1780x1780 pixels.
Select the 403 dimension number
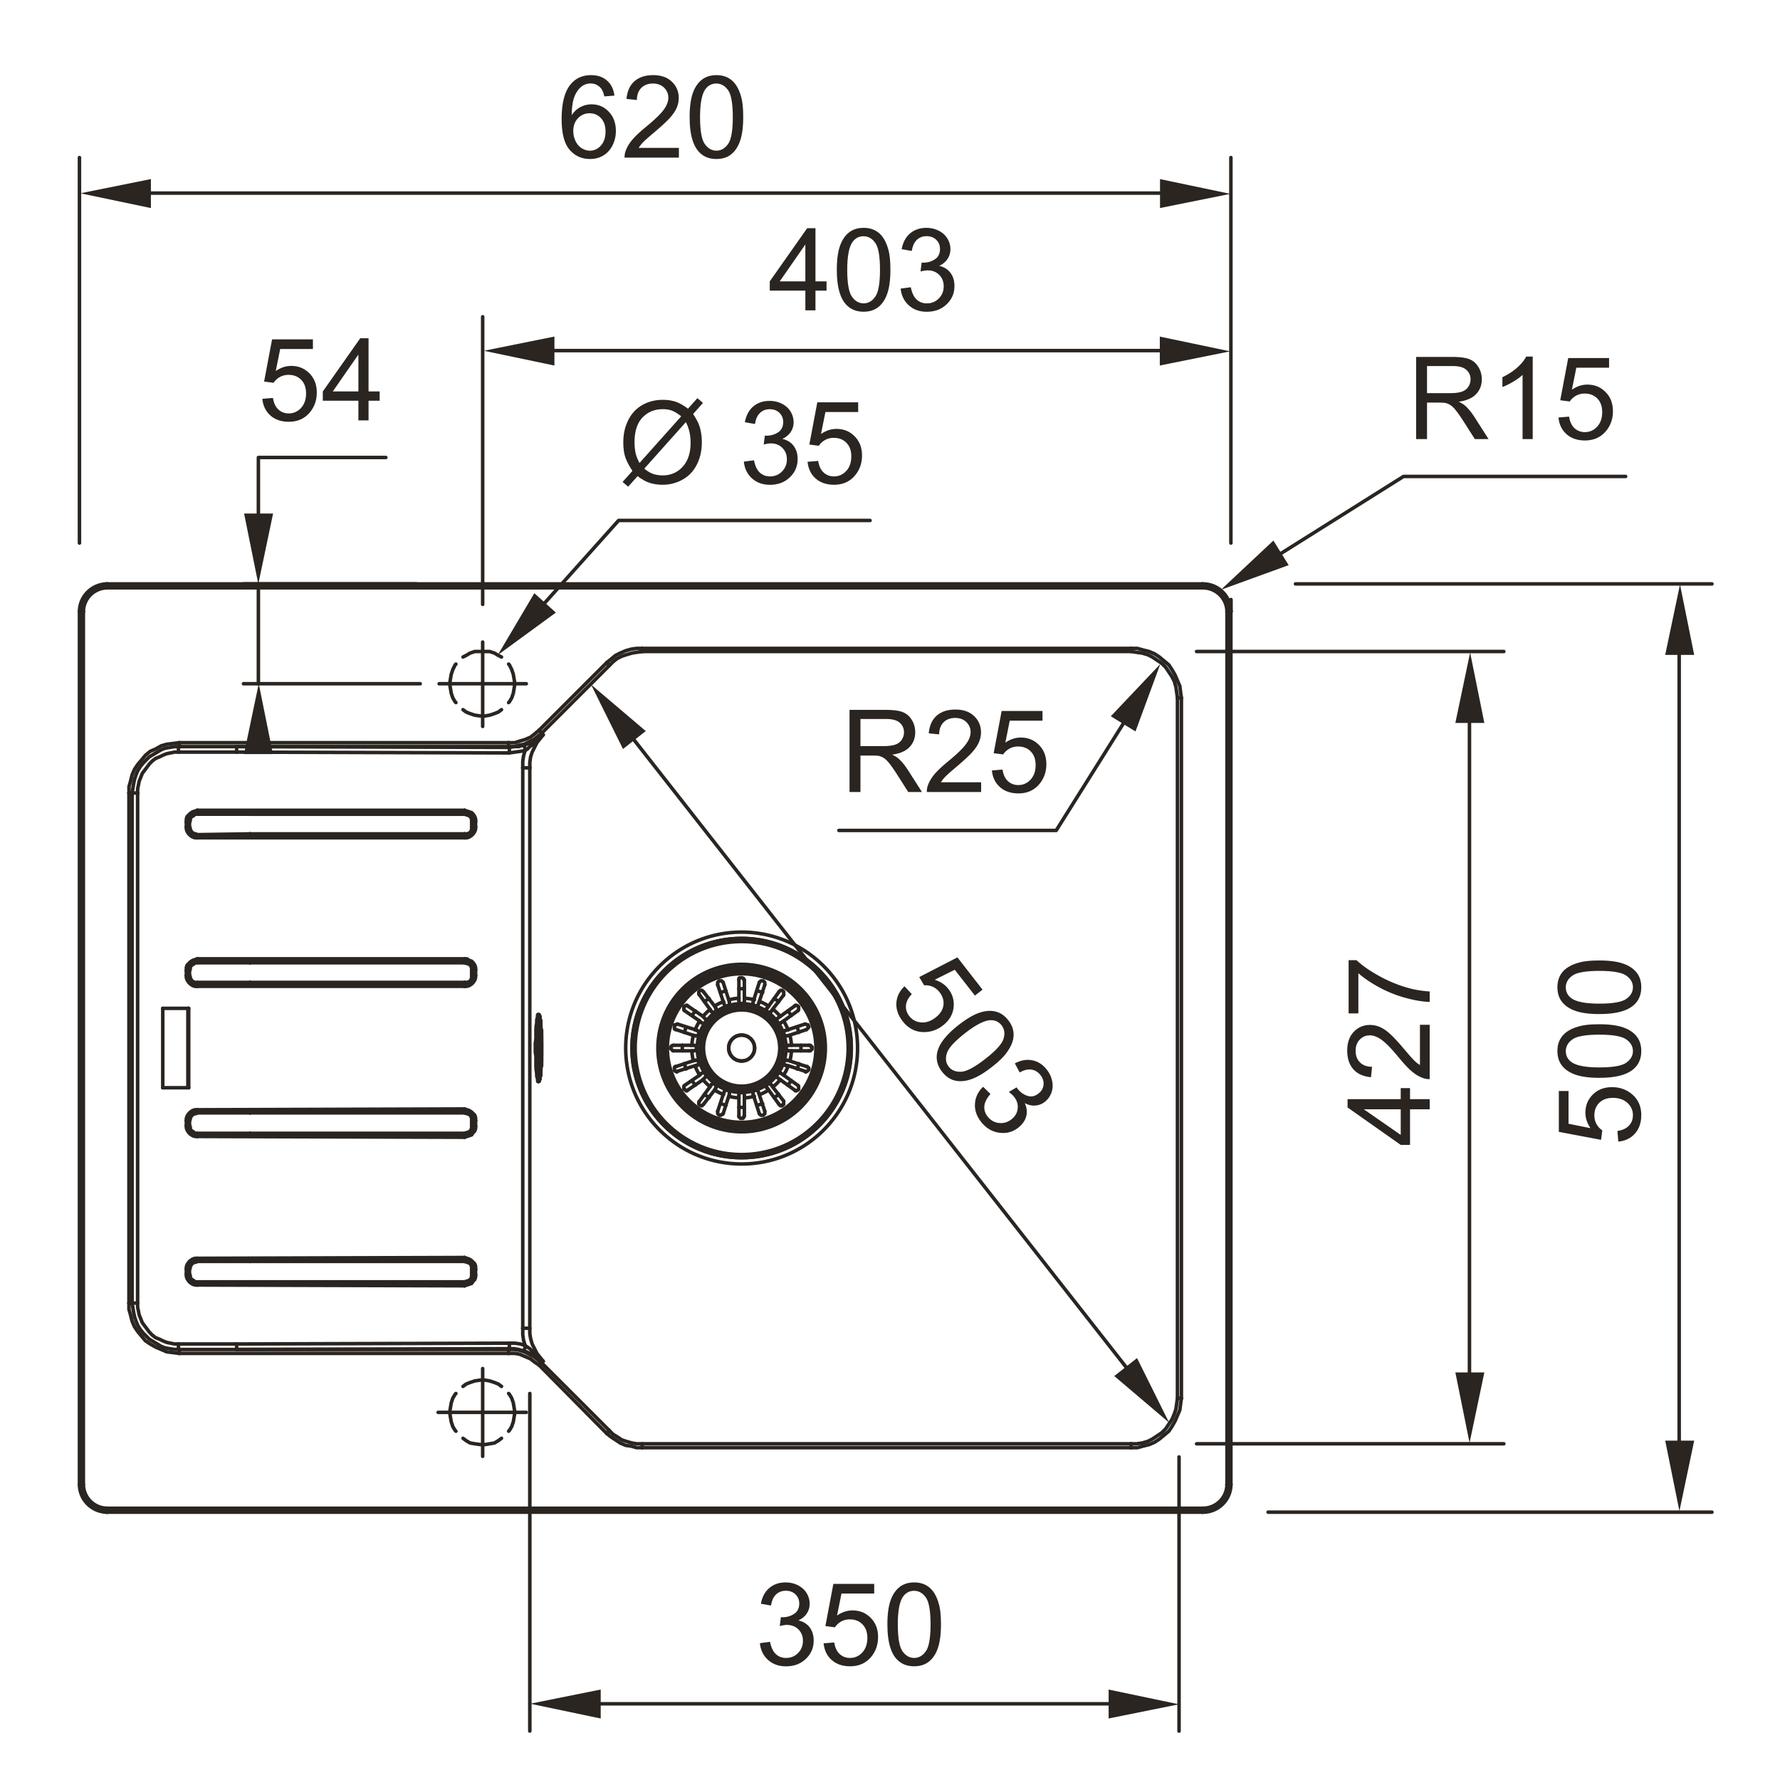pos(862,271)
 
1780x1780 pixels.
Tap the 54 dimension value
pos(320,380)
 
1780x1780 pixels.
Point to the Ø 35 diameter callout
pos(743,443)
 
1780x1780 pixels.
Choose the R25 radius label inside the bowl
pos(946,751)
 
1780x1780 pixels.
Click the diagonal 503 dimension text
pos(974,1046)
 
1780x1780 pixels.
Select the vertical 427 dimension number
pos(1389,1052)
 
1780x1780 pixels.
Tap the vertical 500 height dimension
pos(1599,1050)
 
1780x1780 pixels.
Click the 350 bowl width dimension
pos(850,1624)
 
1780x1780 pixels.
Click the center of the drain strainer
pos(742,1047)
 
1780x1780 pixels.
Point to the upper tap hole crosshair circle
pos(482,684)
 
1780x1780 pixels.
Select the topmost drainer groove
pos(331,824)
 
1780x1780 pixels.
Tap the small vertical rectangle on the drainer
pos(175,1047)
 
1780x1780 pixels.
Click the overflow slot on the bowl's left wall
pos(539,1047)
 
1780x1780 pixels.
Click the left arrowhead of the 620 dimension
pos(116,194)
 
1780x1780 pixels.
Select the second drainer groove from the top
pos(331,973)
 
